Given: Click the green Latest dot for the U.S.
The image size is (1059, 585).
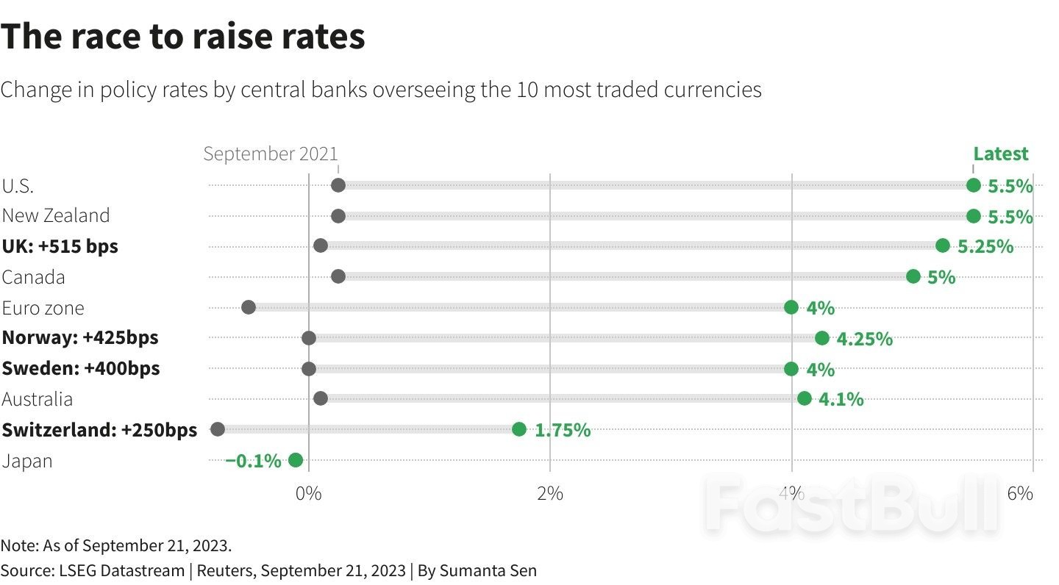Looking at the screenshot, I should [x=973, y=185].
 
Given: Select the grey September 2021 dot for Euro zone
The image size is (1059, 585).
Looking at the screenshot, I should [x=249, y=307].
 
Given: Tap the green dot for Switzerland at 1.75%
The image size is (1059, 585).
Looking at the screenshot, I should [x=519, y=429].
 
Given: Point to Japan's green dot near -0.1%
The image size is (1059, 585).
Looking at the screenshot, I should [x=296, y=460].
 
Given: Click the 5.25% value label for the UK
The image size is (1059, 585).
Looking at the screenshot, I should [x=985, y=247].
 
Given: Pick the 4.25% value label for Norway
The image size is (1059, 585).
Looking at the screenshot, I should [x=865, y=339].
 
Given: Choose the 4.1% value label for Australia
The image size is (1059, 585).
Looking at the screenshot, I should [x=841, y=400].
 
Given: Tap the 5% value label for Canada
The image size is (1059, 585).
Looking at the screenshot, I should [x=941, y=278].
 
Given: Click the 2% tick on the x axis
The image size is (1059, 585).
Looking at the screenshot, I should [x=550, y=493].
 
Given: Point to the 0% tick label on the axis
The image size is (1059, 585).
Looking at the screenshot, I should [x=308, y=493].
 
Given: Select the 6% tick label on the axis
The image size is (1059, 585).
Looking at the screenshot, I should [x=1020, y=493].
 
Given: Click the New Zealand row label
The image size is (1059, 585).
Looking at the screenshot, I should [x=56, y=215].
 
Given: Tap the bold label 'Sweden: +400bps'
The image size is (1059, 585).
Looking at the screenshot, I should [x=81, y=368].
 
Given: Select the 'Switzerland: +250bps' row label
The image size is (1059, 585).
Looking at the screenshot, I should [x=99, y=430].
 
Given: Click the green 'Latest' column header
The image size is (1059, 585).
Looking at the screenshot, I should [x=1001, y=154].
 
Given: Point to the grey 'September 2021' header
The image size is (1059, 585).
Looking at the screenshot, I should [x=271, y=154].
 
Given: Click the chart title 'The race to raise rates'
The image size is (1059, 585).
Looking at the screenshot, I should [x=183, y=37].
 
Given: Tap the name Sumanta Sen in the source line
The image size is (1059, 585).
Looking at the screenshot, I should [x=488, y=570].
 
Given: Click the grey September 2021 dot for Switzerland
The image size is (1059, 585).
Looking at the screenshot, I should [x=218, y=429].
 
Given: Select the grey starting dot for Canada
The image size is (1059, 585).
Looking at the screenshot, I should [x=338, y=276].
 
